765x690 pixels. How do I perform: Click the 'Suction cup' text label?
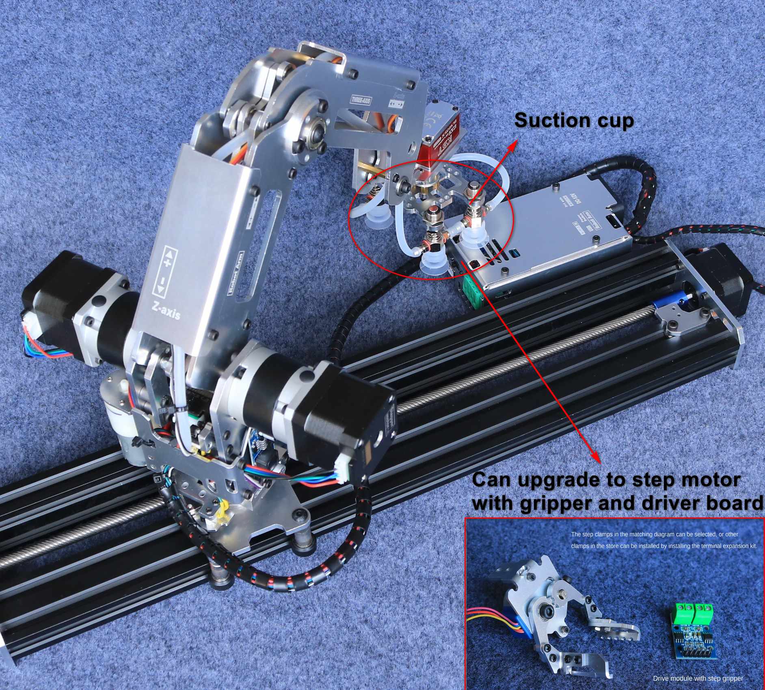[x=573, y=121]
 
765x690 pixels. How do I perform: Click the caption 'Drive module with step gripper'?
[x=698, y=678]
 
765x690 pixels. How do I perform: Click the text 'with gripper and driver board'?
[x=617, y=503]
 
